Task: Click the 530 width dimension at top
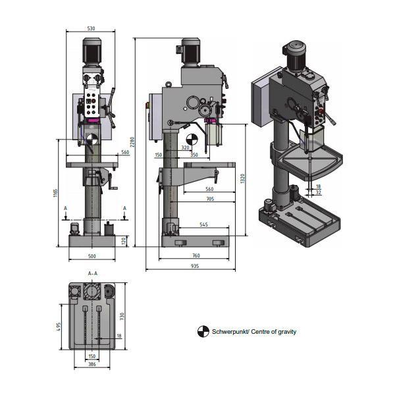tap(91, 28)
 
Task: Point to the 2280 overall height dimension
tap(132, 142)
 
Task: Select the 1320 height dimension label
tap(242, 178)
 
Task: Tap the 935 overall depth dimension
tap(195, 266)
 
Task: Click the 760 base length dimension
tap(196, 255)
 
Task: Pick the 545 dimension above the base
tap(203, 224)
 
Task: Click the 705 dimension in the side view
tap(210, 199)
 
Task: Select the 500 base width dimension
tap(92, 256)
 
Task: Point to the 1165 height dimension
tap(56, 193)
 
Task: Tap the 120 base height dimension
tap(124, 241)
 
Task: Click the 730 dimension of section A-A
tap(122, 317)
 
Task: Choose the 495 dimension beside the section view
tap(59, 327)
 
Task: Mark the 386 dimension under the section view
tap(92, 364)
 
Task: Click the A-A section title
tap(93, 273)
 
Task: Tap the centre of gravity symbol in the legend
tap(203, 332)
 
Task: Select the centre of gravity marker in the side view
tap(192, 140)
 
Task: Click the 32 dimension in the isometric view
tap(318, 192)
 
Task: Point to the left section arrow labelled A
tap(65, 213)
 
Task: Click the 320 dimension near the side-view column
tap(185, 147)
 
